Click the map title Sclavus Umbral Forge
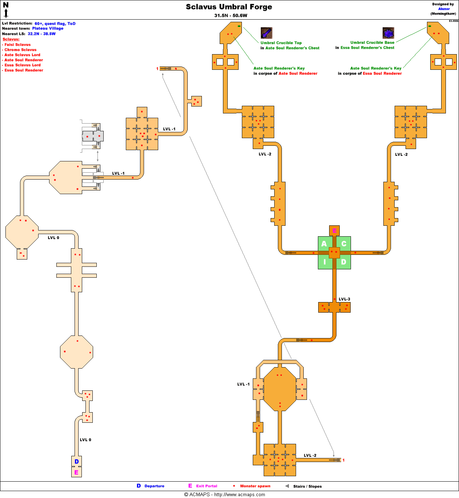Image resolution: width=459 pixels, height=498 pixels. click(229, 7)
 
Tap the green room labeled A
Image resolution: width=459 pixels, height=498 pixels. click(324, 244)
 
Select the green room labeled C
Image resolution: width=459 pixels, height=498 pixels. click(344, 244)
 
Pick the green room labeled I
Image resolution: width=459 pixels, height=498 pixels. click(324, 262)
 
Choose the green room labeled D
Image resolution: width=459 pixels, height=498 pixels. click(344, 262)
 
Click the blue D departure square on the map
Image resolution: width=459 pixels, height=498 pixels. click(76, 461)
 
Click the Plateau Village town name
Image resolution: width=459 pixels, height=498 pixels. click(48, 28)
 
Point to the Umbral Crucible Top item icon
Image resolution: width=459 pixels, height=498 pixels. click(267, 33)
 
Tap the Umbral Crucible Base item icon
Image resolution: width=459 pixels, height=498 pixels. click(388, 33)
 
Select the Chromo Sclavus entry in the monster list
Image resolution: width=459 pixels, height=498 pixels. click(20, 50)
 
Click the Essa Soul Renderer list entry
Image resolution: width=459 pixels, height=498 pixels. click(24, 70)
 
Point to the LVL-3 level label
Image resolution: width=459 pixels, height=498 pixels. click(344, 299)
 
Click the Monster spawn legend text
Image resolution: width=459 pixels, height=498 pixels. click(255, 486)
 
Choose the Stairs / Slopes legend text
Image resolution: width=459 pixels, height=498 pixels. click(307, 486)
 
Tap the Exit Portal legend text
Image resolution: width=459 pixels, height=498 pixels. click(207, 486)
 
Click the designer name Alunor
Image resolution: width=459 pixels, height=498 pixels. click(444, 9)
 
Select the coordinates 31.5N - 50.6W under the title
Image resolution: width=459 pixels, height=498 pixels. click(231, 16)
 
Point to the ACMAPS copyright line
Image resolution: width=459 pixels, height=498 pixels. click(224, 494)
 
